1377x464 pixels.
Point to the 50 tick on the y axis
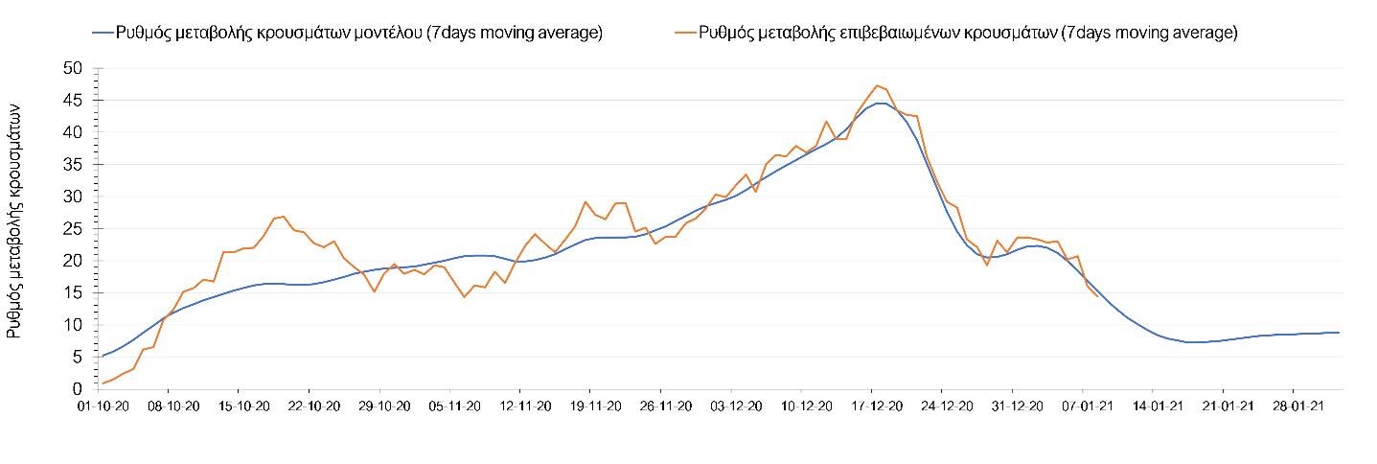pos(73,68)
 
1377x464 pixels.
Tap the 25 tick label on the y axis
pos(73,228)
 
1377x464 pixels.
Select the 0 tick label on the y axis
pos(77,388)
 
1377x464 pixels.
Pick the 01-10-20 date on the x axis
pos(98,406)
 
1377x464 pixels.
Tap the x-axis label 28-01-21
pos(1293,406)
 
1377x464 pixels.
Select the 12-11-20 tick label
pos(519,406)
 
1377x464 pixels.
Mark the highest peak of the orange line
pos(877,85)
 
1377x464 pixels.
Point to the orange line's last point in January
pos(1097,296)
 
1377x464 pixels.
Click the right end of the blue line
pos(1339,333)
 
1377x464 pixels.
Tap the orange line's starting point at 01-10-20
pos(103,383)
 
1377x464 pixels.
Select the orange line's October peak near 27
pos(284,217)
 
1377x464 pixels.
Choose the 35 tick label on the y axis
pos(73,164)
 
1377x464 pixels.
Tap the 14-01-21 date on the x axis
pos(1152,406)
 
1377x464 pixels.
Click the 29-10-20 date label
pos(379,406)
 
